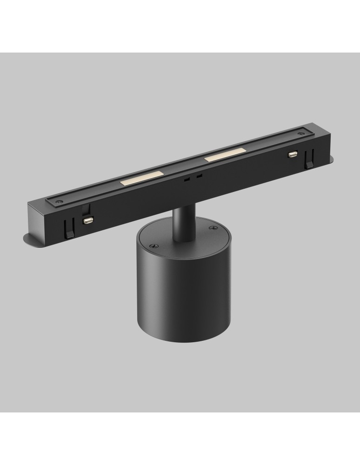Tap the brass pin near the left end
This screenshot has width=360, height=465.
(x=87, y=220)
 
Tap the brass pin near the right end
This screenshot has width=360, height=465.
(x=293, y=153)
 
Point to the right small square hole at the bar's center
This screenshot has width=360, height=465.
(x=199, y=176)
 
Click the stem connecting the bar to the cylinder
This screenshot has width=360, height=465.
(x=179, y=224)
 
